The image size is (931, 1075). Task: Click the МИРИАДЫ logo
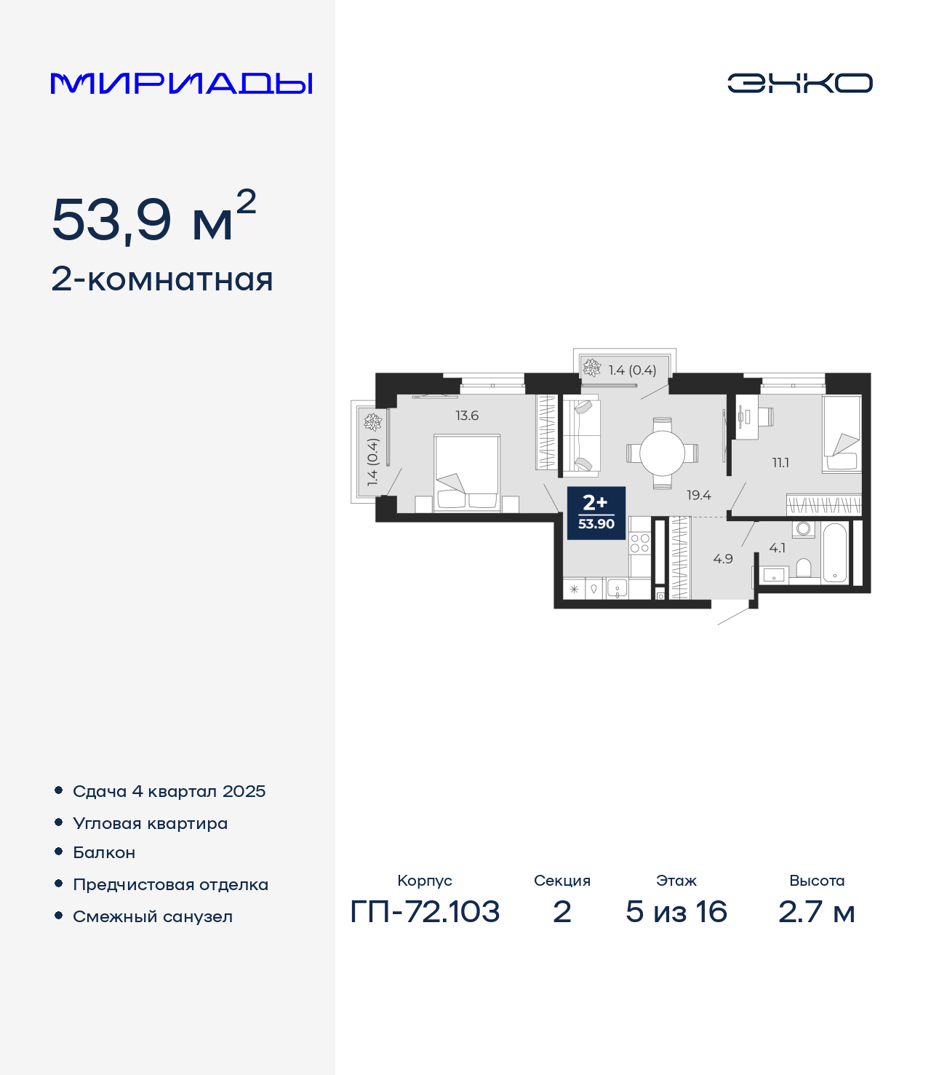(x=181, y=83)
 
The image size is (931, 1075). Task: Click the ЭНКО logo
(x=799, y=83)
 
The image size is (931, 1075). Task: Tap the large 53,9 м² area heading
(x=154, y=216)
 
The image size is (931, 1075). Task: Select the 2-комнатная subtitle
(x=161, y=279)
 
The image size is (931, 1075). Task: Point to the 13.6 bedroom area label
(x=467, y=416)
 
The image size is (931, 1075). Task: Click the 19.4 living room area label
(x=699, y=495)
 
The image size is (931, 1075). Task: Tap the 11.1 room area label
(x=780, y=462)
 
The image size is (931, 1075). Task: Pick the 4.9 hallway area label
(x=722, y=558)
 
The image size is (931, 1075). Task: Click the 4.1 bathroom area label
(x=777, y=547)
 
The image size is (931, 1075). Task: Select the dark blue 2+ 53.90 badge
(x=596, y=513)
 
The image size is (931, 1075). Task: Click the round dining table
(x=662, y=453)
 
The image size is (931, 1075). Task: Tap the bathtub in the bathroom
(x=835, y=552)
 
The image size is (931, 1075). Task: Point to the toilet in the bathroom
(x=803, y=568)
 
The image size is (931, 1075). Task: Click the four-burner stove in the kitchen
(x=639, y=543)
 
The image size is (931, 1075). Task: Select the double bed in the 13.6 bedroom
(x=467, y=473)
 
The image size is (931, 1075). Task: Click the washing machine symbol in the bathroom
(x=803, y=529)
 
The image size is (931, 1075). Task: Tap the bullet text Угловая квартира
(x=151, y=823)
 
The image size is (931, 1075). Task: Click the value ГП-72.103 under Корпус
(x=425, y=912)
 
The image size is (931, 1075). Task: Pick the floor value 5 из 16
(x=676, y=912)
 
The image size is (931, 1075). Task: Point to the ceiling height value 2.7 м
(x=816, y=912)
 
